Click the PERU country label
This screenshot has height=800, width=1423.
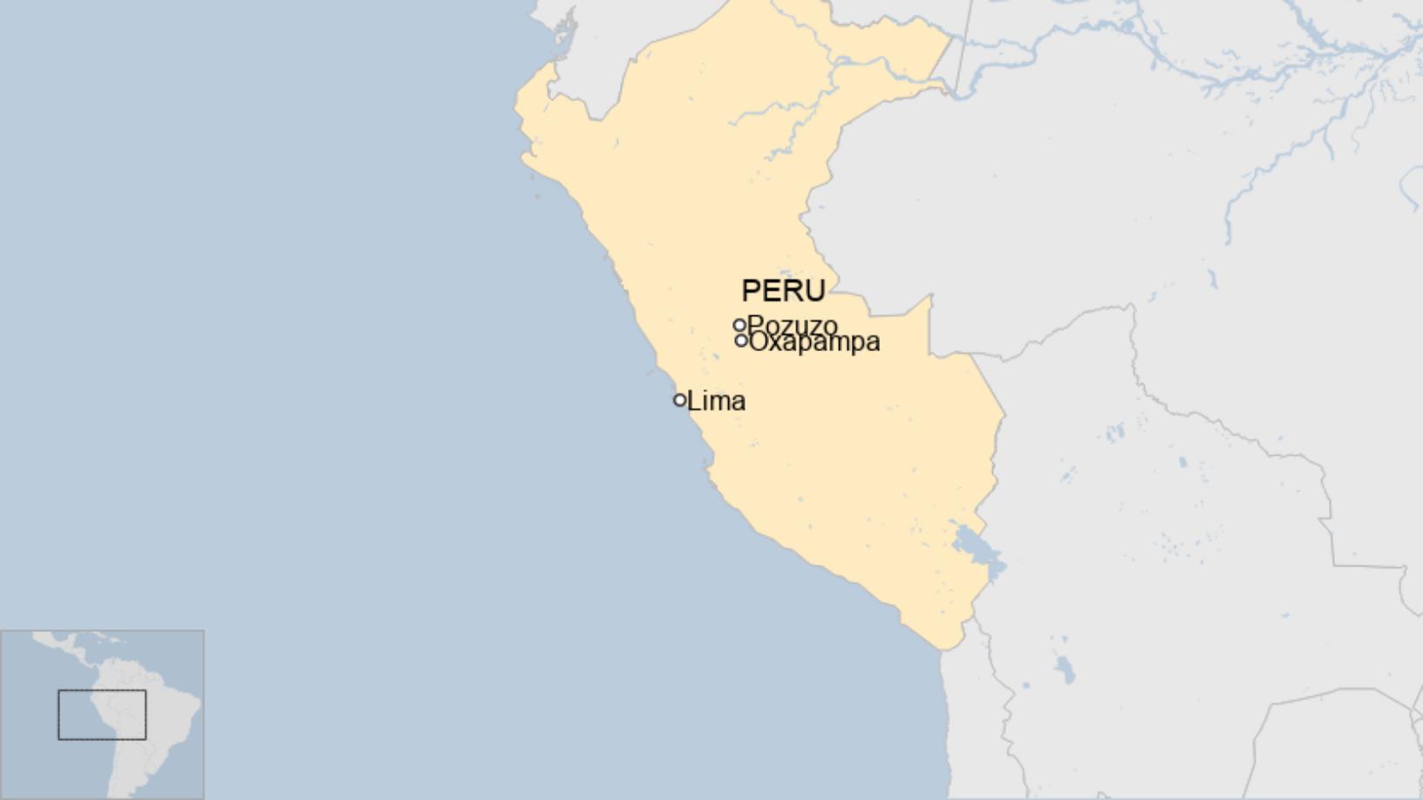783,290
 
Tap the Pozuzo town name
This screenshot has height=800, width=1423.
793,327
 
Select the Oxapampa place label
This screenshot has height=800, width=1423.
814,342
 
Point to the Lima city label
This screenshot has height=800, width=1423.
716,401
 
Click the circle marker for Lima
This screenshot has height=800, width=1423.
679,400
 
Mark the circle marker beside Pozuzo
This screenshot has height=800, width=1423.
739,325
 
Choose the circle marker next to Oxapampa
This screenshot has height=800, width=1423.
741,341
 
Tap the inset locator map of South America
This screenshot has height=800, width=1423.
102,715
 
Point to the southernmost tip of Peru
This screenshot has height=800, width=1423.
946,649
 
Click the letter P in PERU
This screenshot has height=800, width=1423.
750,290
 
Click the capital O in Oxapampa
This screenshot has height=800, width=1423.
758,342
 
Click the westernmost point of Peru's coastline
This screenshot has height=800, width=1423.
517,109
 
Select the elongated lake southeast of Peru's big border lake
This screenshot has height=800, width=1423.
1064,668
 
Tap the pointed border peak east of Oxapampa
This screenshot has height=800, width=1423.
930,296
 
